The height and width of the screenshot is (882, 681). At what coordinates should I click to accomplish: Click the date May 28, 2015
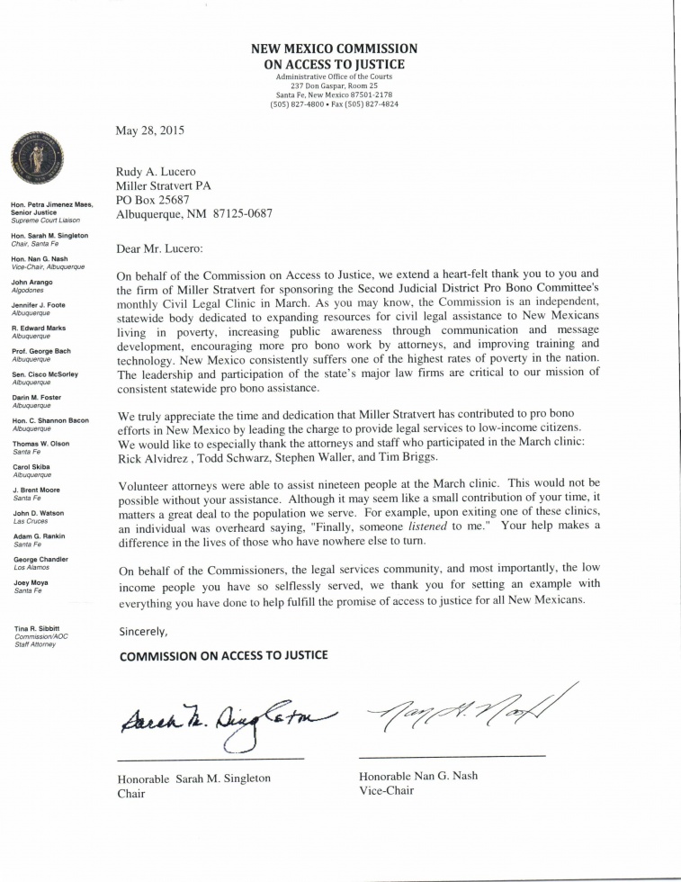[150, 130]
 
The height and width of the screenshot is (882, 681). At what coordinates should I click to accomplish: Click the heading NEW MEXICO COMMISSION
[334, 49]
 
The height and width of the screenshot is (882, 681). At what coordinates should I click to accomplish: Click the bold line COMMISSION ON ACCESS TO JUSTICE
[224, 654]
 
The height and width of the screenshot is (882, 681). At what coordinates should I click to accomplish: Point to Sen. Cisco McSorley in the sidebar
[46, 375]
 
